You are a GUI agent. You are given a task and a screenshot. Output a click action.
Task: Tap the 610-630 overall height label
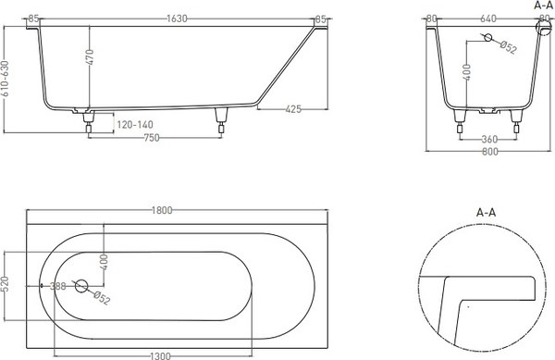[6, 81]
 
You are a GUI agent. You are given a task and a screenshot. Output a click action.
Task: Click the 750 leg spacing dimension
[153, 138]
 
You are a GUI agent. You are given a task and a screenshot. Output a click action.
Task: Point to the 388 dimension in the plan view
[57, 287]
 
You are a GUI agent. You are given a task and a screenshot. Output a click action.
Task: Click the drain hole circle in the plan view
[81, 287]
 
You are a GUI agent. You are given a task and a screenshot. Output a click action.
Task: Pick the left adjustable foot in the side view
[90, 119]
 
